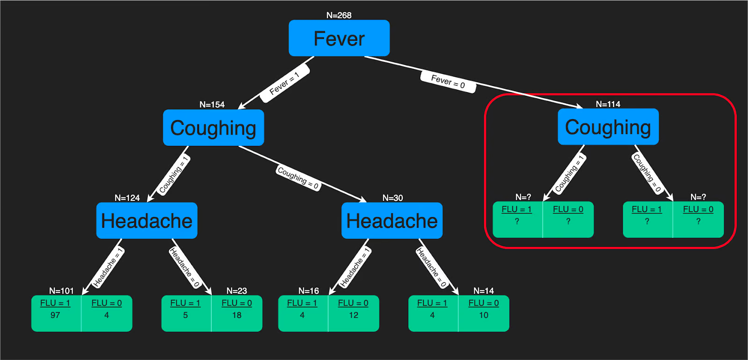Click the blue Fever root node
click(x=339, y=38)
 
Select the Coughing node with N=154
click(x=213, y=128)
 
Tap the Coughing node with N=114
click(x=608, y=127)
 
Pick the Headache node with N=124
click(x=147, y=221)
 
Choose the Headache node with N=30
click(x=392, y=221)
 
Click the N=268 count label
click(x=339, y=15)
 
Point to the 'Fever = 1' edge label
click(x=284, y=84)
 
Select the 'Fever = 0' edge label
click(x=448, y=82)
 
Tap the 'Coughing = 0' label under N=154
click(x=298, y=178)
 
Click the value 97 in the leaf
click(x=55, y=315)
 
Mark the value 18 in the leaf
click(x=237, y=315)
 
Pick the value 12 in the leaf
click(x=353, y=315)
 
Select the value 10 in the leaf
click(x=483, y=315)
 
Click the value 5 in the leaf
click(x=185, y=315)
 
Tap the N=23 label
click(x=237, y=291)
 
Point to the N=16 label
click(x=309, y=291)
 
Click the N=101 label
click(x=61, y=291)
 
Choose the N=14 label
click(x=483, y=291)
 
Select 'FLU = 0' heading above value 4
click(x=107, y=303)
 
